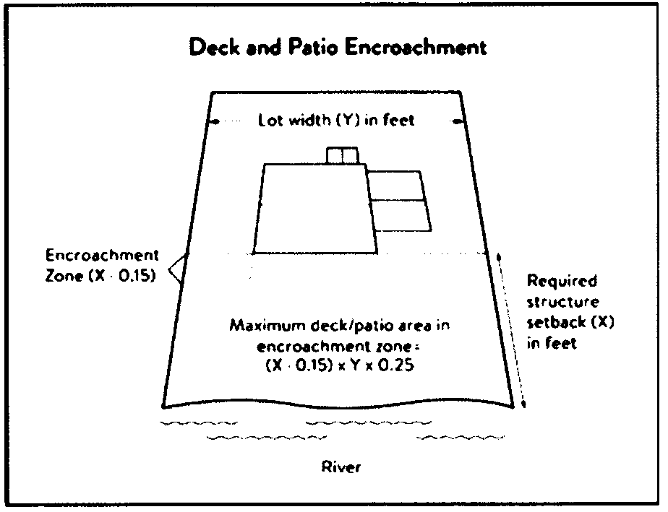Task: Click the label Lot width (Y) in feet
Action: (x=337, y=121)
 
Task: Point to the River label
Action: (x=341, y=467)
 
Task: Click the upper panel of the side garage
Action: (x=395, y=186)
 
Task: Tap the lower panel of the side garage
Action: (x=399, y=216)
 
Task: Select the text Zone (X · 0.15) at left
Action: (x=100, y=277)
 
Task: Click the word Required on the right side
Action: (x=562, y=281)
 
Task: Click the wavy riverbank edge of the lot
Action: (x=338, y=403)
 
